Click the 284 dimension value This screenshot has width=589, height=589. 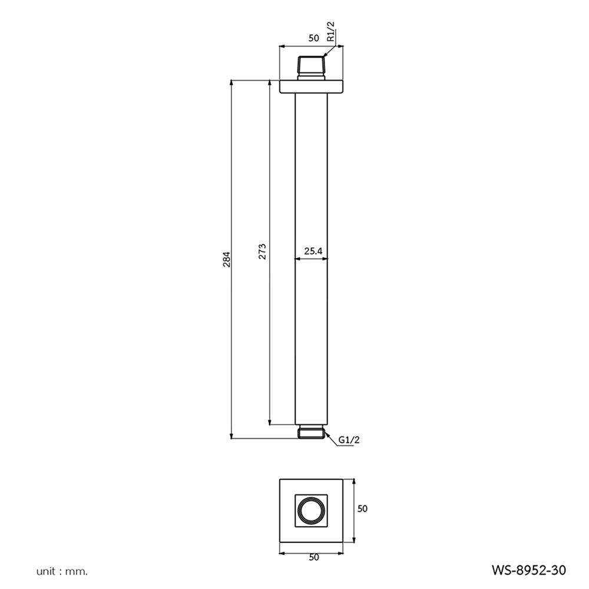(x=226, y=259)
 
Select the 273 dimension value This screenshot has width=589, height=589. (x=263, y=252)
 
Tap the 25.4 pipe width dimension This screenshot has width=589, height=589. (x=313, y=252)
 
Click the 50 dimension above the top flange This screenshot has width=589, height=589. (x=313, y=38)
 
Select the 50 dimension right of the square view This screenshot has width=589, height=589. (x=362, y=508)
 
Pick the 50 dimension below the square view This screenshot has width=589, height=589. (x=313, y=558)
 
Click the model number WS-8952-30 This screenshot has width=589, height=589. (x=528, y=570)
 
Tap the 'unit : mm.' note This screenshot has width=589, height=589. (x=62, y=571)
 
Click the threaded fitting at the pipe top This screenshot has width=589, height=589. (x=312, y=67)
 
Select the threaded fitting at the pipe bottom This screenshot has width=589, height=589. (x=312, y=432)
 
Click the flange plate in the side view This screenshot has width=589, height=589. (x=312, y=86)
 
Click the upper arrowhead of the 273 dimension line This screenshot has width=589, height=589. (x=270, y=83)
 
